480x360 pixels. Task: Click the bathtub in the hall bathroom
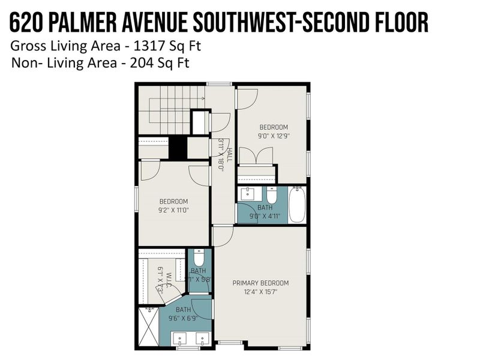[297, 205]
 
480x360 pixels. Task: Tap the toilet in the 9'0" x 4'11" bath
[272, 196]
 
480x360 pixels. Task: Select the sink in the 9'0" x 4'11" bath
[247, 194]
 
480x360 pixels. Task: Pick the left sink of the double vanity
[181, 339]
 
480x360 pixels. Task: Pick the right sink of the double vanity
[202, 339]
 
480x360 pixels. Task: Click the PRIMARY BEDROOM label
[260, 283]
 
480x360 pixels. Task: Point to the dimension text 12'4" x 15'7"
[260, 292]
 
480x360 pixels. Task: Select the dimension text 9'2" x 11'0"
[173, 211]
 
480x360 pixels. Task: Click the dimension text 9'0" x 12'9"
[273, 136]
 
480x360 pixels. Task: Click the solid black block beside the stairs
[177, 148]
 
